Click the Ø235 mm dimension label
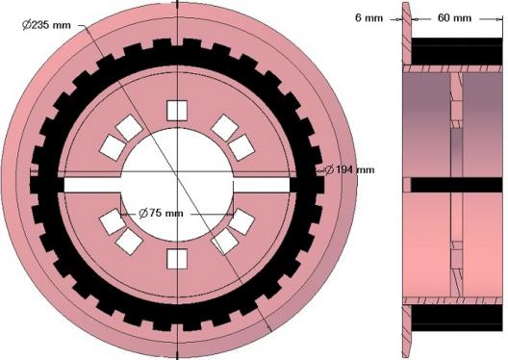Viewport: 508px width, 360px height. [x=46, y=25]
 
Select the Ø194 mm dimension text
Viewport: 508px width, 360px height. [x=349, y=169]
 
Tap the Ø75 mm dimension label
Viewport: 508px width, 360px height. [x=161, y=214]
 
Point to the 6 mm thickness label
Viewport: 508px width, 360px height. [x=369, y=18]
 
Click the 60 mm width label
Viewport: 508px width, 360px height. [x=454, y=18]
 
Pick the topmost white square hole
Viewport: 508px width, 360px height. [x=177, y=111]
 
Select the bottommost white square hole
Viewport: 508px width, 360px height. [x=177, y=259]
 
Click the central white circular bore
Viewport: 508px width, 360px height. [x=177, y=185]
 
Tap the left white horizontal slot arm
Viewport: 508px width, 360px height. [x=92, y=185]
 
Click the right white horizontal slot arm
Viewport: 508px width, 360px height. [x=262, y=185]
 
